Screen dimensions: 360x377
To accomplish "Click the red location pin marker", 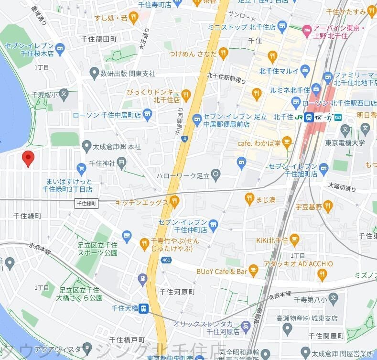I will [x=28, y=158].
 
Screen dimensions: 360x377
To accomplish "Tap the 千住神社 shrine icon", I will [x=122, y=163].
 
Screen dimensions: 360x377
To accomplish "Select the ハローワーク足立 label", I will [x=183, y=175].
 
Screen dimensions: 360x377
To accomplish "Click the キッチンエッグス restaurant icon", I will [x=174, y=202].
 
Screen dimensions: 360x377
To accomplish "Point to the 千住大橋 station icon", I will [x=144, y=308].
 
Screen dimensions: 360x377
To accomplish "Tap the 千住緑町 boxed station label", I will [x=86, y=204].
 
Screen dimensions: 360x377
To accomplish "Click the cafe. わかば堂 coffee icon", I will [x=287, y=142].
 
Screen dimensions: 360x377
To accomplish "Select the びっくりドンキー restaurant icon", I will [x=187, y=91].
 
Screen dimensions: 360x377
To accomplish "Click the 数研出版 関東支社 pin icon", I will [x=94, y=74].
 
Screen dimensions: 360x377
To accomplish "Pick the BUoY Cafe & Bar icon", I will [x=254, y=272].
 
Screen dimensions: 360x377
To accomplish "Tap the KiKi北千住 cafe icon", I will [x=294, y=239].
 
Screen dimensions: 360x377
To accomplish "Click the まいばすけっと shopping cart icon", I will [x=81, y=168].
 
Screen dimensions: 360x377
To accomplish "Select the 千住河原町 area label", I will [x=177, y=292].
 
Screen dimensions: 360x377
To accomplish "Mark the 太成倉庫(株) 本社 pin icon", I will [x=86, y=145].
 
